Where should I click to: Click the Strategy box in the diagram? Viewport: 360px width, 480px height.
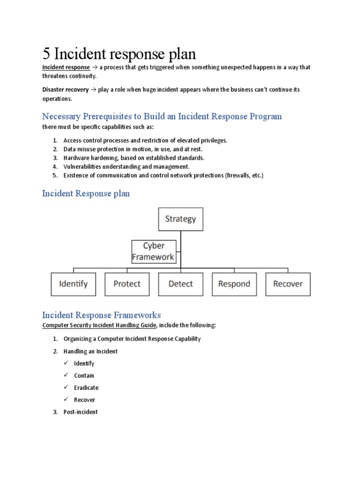pyautogui.click(x=180, y=219)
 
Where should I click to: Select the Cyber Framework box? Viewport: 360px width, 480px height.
pyautogui.click(x=154, y=251)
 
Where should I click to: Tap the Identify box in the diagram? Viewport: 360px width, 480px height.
pyautogui.click(x=73, y=284)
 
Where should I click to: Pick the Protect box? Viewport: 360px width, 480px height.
pyautogui.click(x=127, y=284)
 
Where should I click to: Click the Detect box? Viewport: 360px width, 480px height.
pyautogui.click(x=180, y=284)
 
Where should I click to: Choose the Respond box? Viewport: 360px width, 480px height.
pyautogui.click(x=234, y=284)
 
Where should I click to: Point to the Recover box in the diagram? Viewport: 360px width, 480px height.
pyautogui.click(x=288, y=284)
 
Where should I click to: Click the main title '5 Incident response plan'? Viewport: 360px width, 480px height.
pyautogui.click(x=119, y=53)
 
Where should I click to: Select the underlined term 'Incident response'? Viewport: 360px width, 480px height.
pyautogui.click(x=66, y=67)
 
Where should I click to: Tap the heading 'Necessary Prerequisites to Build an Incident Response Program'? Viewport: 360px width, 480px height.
pyautogui.click(x=162, y=116)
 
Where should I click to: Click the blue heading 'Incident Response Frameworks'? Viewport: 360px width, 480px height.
pyautogui.click(x=101, y=315)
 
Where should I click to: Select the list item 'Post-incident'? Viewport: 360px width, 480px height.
pyautogui.click(x=81, y=412)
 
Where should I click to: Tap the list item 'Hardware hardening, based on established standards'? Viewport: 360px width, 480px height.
pyautogui.click(x=134, y=157)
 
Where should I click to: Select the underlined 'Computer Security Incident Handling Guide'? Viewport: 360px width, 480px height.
pyautogui.click(x=97, y=325)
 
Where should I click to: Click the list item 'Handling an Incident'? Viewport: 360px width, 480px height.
pyautogui.click(x=90, y=351)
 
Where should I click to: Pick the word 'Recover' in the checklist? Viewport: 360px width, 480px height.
pyautogui.click(x=84, y=400)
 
